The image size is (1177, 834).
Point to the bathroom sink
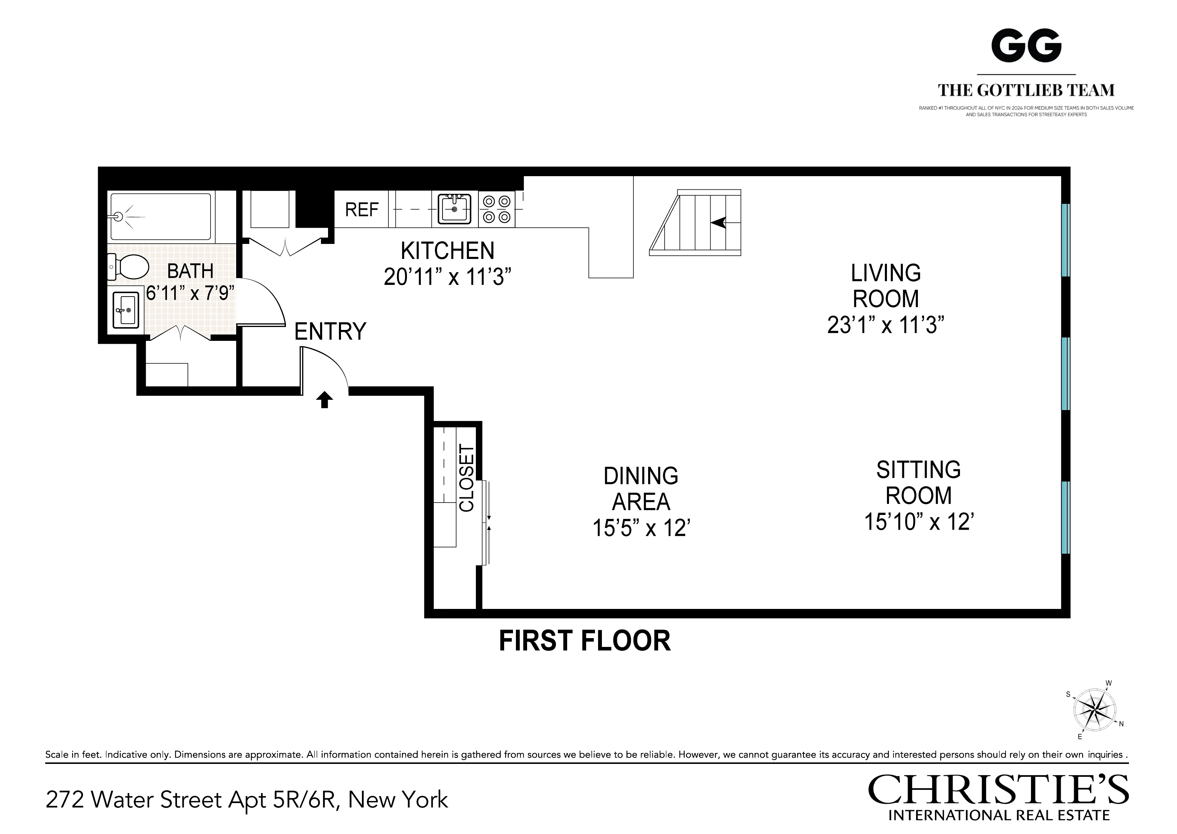tap(125, 310)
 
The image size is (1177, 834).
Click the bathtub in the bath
tap(161, 216)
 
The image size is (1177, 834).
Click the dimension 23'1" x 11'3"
tap(885, 325)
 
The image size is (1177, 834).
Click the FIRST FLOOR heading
tap(585, 641)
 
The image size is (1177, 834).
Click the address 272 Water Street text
tap(246, 800)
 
